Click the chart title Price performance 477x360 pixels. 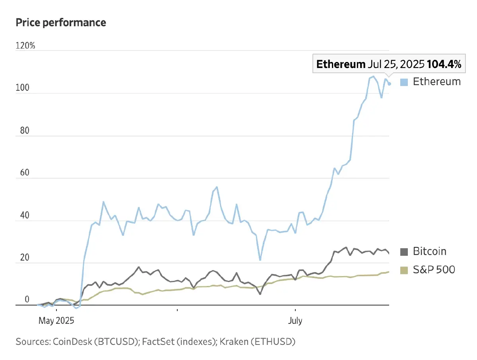(61, 23)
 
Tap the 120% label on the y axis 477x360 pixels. (25, 46)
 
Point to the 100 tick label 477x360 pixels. (22, 88)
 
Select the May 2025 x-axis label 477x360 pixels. (56, 321)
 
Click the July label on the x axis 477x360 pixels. (295, 321)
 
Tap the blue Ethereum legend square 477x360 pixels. (404, 82)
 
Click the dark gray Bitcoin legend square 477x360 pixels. (404, 252)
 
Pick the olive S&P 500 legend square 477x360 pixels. (404, 270)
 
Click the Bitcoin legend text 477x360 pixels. (430, 251)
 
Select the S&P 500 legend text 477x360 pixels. (434, 270)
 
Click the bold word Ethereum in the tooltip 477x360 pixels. (341, 64)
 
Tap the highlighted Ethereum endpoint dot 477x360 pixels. (390, 84)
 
